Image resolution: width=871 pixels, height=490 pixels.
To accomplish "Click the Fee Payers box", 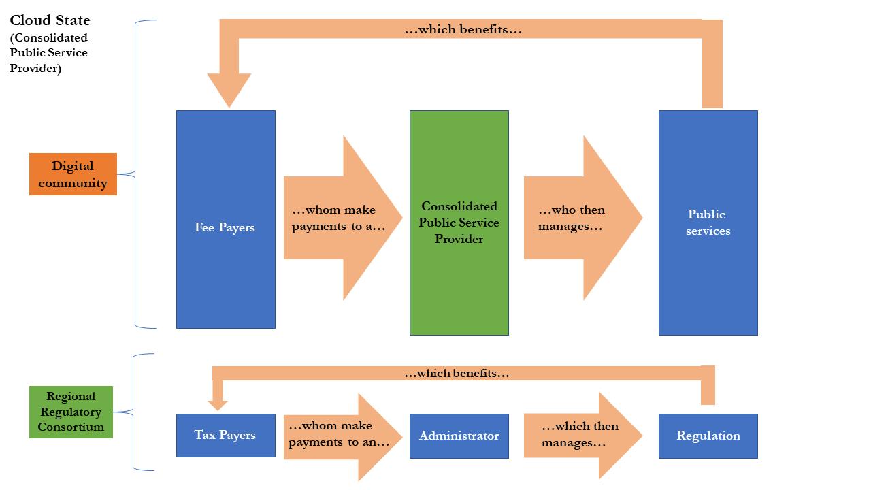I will coord(225,219).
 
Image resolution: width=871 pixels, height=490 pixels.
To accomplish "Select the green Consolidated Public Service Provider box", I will coord(459,223).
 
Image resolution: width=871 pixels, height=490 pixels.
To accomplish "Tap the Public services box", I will coord(708,223).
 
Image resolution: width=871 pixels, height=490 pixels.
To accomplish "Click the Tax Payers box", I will coord(225,435).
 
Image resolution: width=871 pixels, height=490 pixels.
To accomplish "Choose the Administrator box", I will coord(459,436).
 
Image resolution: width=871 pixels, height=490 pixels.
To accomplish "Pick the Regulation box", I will coord(708,436).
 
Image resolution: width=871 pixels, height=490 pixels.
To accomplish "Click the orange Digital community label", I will coord(73,174).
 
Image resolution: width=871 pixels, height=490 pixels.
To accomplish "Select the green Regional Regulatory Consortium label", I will coord(71,412).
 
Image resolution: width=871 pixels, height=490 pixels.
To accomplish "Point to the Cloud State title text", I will coord(50,20).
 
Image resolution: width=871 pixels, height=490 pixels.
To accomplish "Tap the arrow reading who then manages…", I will coord(578,218).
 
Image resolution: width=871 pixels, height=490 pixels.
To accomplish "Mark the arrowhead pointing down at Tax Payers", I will coord(218,404).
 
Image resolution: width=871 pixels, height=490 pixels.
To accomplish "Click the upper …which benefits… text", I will coord(463,30).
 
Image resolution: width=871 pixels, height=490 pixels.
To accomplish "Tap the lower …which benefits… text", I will coord(456,373).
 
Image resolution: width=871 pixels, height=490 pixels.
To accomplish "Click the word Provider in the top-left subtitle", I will coord(35,68).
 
